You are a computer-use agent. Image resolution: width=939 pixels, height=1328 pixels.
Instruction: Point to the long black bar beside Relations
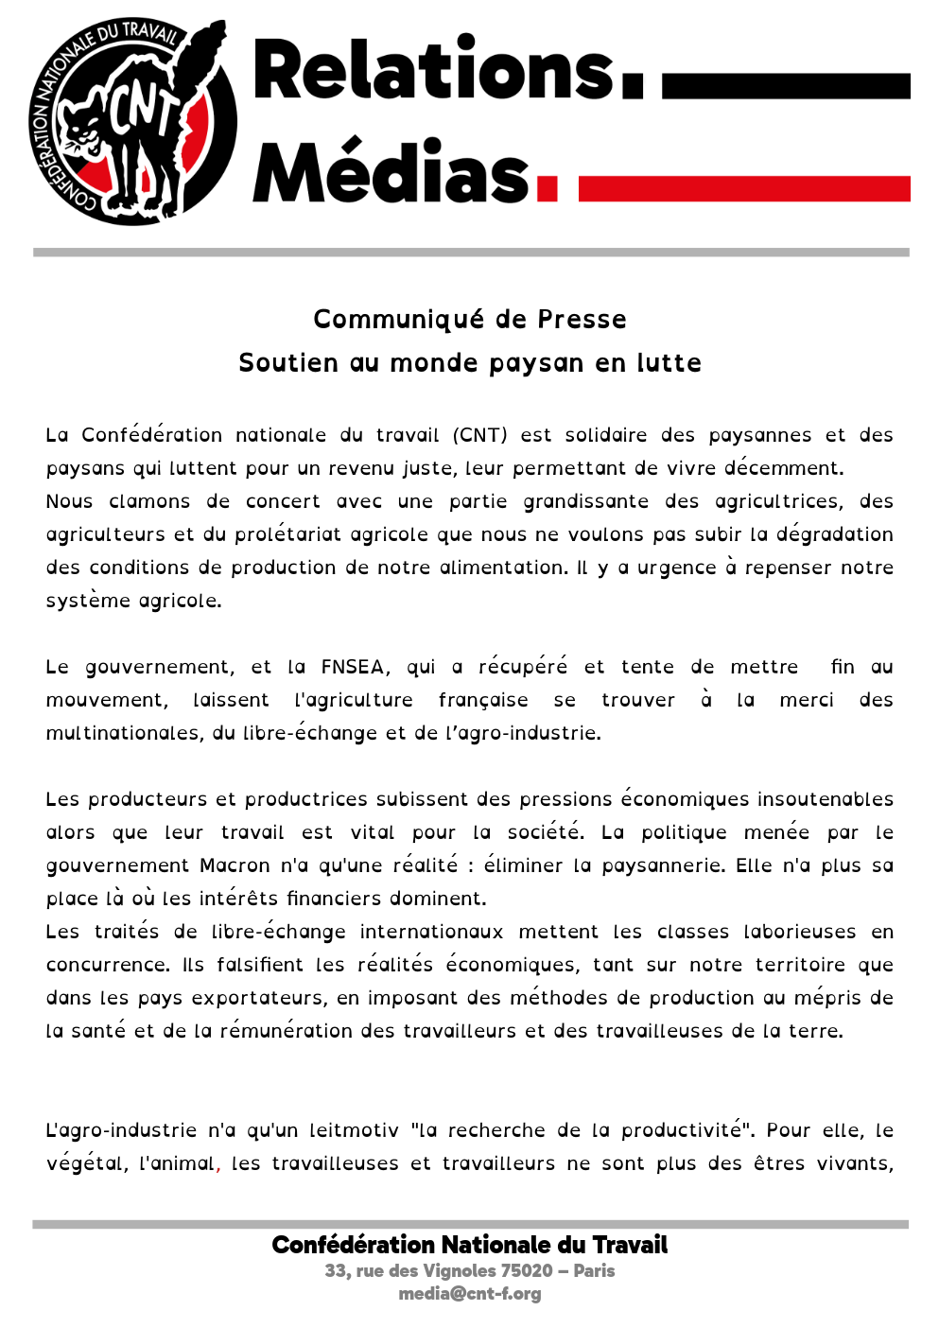(x=785, y=85)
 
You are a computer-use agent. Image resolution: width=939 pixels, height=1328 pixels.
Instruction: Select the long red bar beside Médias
(x=743, y=188)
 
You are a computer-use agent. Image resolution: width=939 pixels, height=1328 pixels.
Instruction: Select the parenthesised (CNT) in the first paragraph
(x=479, y=435)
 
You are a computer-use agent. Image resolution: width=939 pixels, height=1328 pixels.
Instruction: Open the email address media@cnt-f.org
(x=469, y=1293)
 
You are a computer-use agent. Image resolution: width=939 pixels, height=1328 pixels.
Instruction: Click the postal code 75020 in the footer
(x=527, y=1270)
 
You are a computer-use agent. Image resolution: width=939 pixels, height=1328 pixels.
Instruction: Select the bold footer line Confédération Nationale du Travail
(x=469, y=1245)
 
